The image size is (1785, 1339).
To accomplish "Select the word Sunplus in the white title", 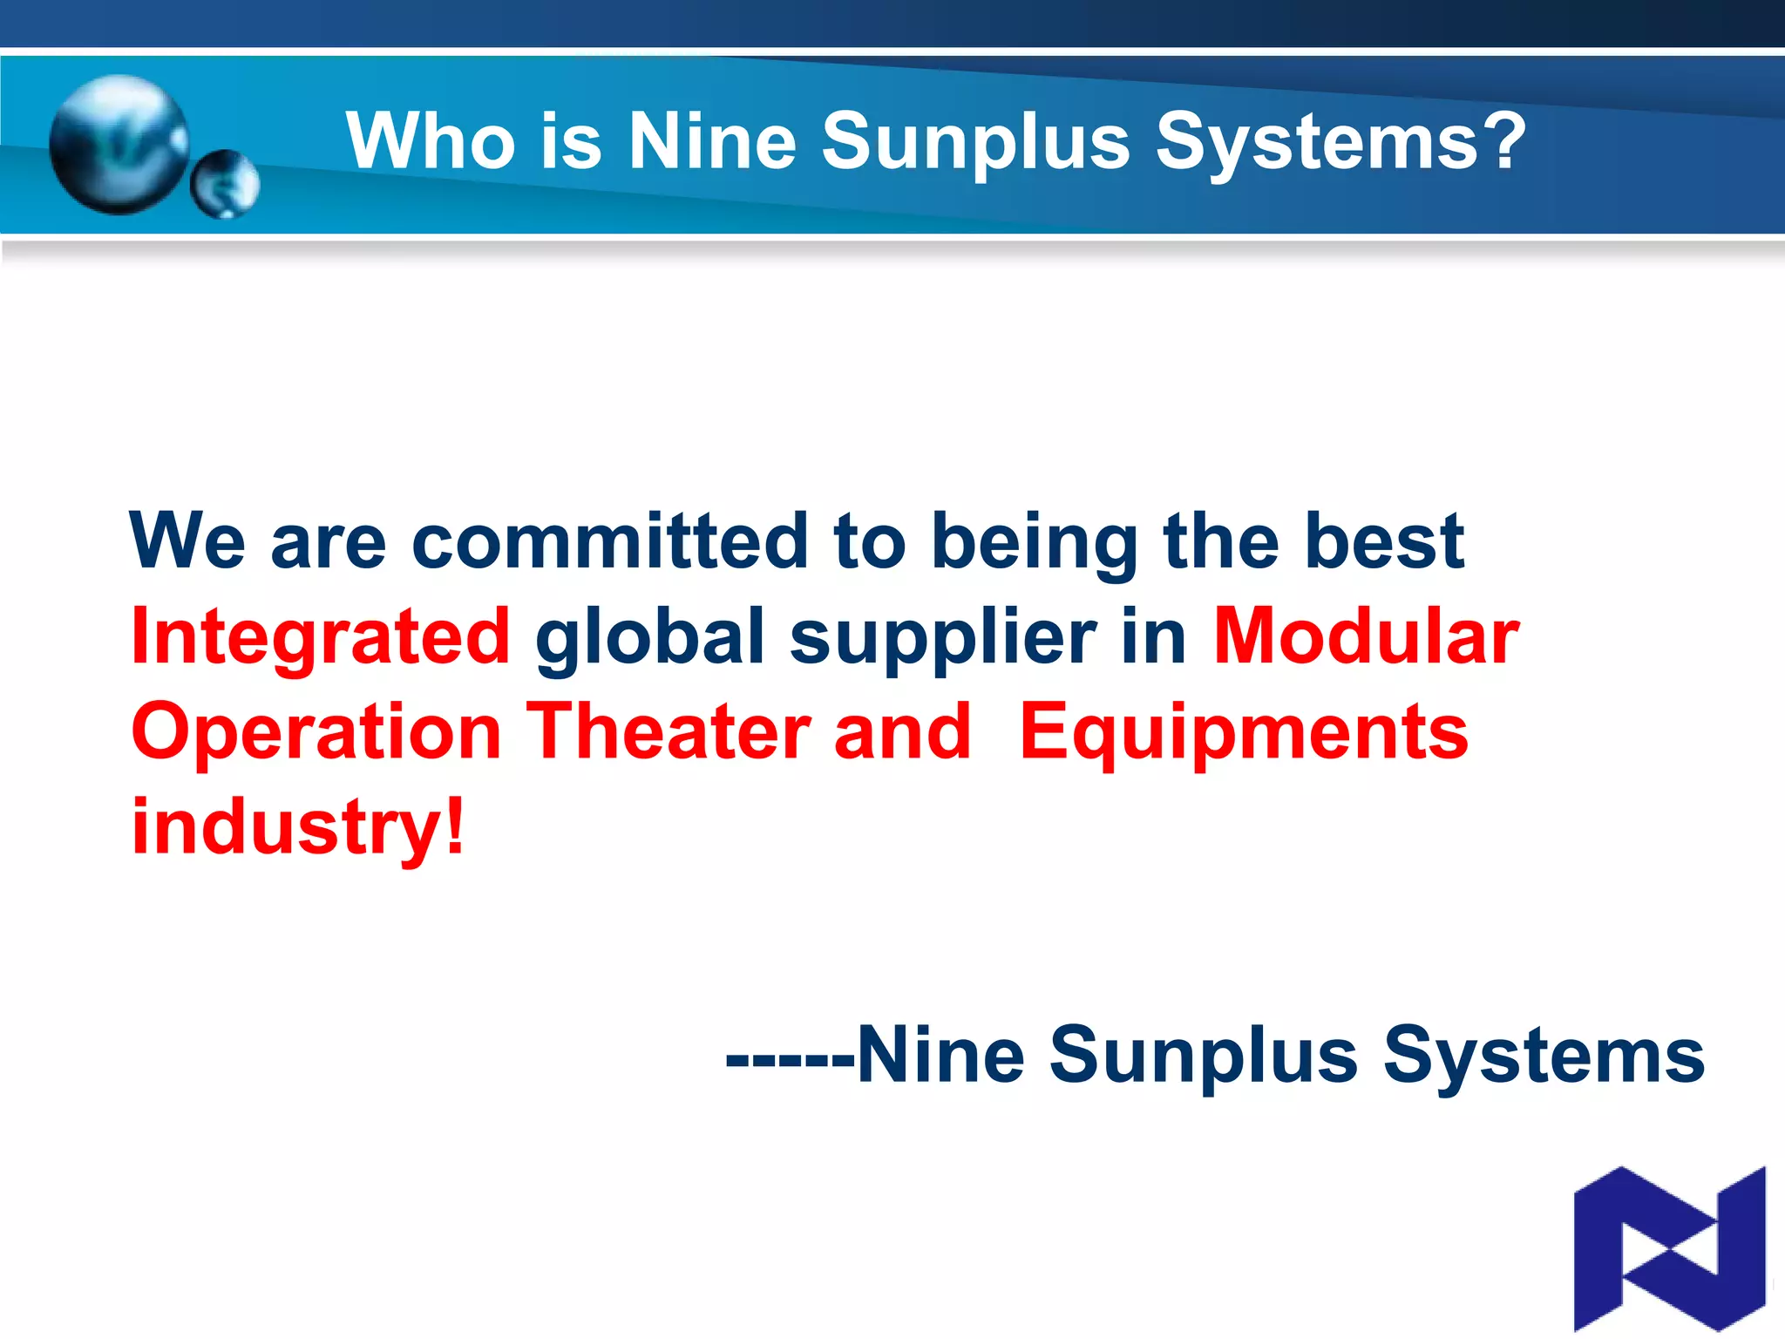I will (975, 143).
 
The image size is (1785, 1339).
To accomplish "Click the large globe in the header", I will (119, 144).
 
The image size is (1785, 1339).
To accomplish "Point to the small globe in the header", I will (225, 184).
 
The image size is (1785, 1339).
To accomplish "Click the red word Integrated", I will (320, 637).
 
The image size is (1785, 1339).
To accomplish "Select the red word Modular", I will (1366, 637).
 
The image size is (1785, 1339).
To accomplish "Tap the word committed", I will (610, 541).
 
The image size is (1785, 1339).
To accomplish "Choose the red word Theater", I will (668, 732).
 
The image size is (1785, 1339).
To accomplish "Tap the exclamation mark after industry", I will (454, 826).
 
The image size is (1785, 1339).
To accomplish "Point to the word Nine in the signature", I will (940, 1056).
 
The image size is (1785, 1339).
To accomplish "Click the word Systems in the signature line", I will (1543, 1057).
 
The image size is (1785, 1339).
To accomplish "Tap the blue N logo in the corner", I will (1669, 1248).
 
